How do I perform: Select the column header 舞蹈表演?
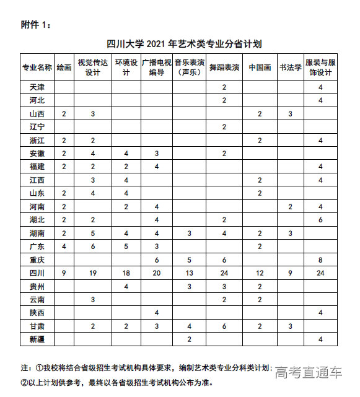point(224,68)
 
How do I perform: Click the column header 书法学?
point(290,68)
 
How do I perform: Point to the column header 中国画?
point(260,68)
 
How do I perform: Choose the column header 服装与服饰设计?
point(320,68)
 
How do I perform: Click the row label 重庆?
point(37,260)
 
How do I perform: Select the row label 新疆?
point(37,339)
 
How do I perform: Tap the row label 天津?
point(37,87)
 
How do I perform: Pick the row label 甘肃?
point(37,326)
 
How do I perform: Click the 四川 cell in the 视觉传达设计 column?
point(93,273)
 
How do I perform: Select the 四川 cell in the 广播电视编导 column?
point(157,273)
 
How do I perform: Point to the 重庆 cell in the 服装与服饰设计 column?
point(320,260)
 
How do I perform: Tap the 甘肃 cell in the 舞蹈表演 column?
point(224,326)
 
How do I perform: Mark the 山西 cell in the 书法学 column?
point(290,113)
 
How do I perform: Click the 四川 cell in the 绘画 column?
point(64,273)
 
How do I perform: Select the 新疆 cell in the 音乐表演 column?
point(190,339)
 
